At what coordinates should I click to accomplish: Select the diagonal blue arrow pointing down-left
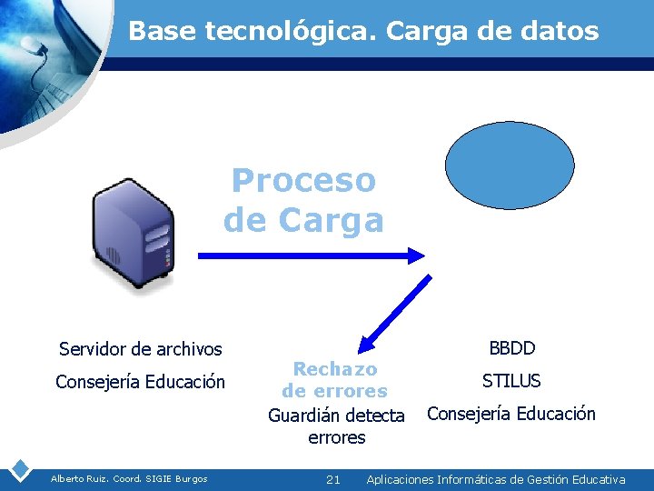click(395, 313)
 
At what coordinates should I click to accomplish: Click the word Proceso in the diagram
click(303, 180)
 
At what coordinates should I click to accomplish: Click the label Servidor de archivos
click(140, 348)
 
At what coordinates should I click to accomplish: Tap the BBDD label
click(511, 348)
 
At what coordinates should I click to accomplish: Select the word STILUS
click(511, 381)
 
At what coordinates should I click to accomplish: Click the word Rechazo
click(335, 369)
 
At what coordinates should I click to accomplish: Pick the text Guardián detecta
click(336, 416)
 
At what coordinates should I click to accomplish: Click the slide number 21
click(332, 479)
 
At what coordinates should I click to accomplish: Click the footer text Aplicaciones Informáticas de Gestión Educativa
click(496, 479)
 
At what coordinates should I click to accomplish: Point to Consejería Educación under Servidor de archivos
click(140, 382)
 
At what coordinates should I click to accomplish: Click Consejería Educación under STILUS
click(511, 414)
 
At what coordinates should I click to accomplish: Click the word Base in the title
click(163, 32)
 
